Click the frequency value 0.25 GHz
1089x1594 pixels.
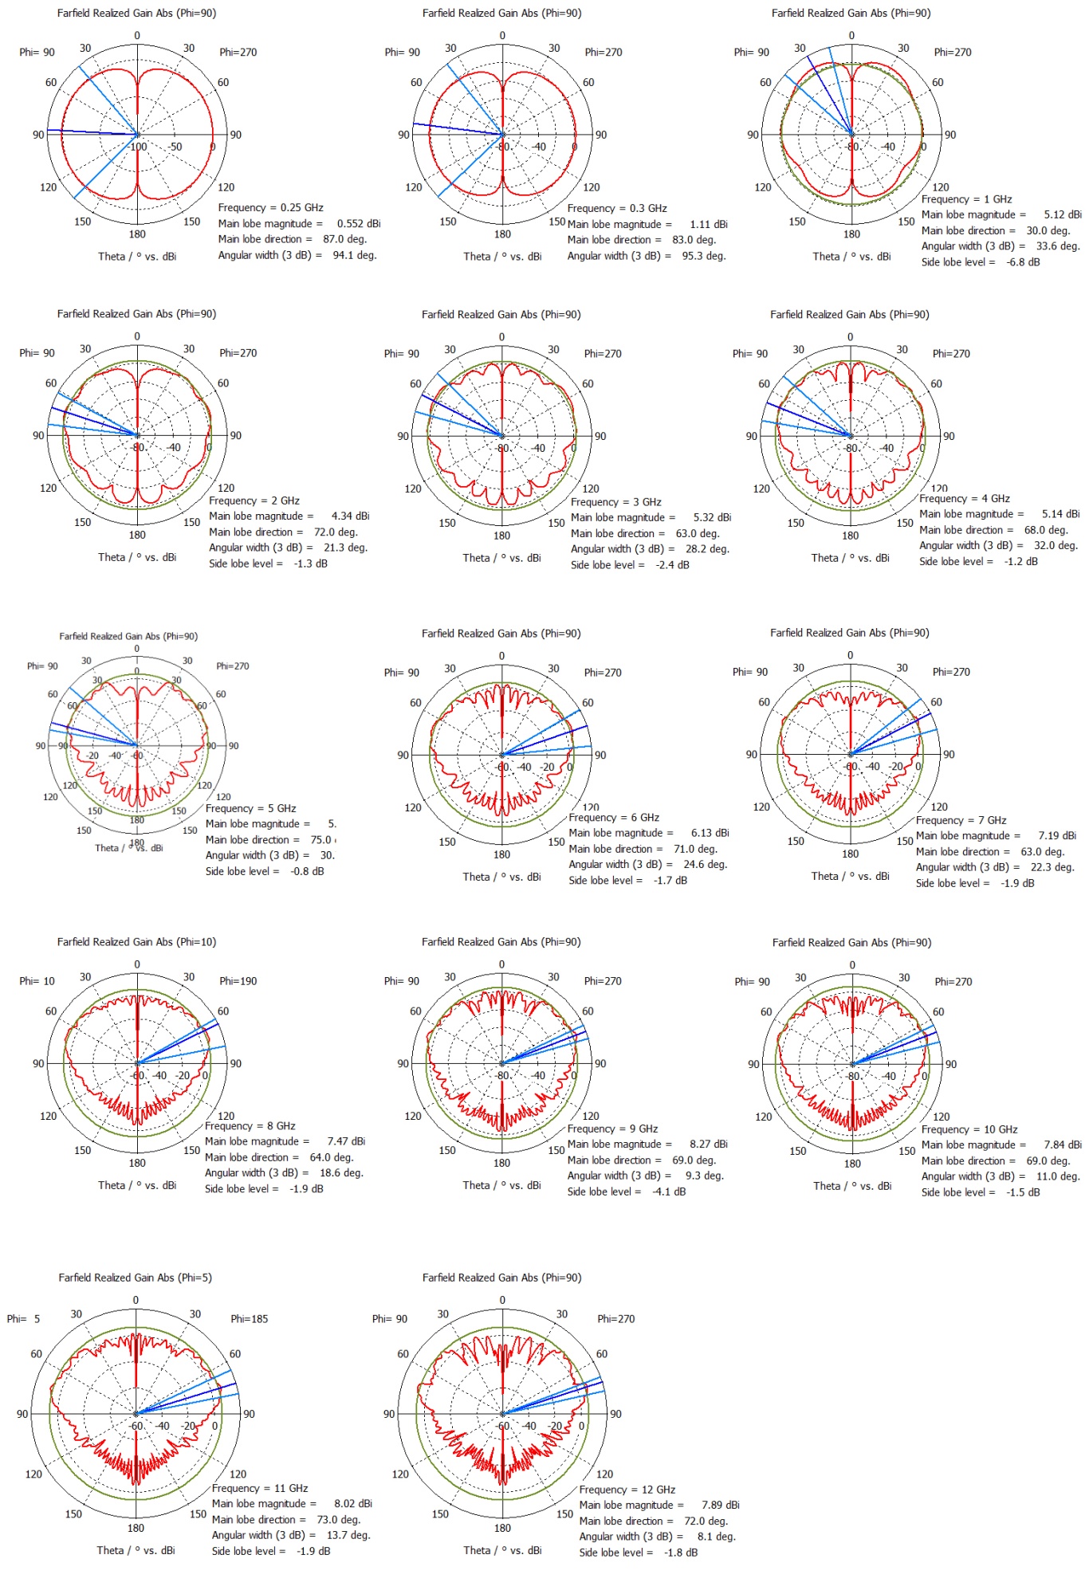coord(301,208)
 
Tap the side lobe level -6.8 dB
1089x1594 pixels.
coord(1023,262)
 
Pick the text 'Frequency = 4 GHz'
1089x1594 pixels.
coord(964,499)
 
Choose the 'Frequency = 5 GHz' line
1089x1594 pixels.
coord(250,809)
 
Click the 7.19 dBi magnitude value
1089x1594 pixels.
coord(1057,836)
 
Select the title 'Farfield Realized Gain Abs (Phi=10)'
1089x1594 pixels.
coord(136,942)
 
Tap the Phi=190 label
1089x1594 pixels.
coord(238,981)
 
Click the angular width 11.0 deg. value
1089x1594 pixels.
coord(1058,1177)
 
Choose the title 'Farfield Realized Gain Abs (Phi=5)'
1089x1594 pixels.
coord(135,1278)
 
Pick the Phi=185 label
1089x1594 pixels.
coord(249,1319)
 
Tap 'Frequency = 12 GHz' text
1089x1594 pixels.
coord(627,1490)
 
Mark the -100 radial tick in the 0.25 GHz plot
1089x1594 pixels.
coord(138,147)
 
